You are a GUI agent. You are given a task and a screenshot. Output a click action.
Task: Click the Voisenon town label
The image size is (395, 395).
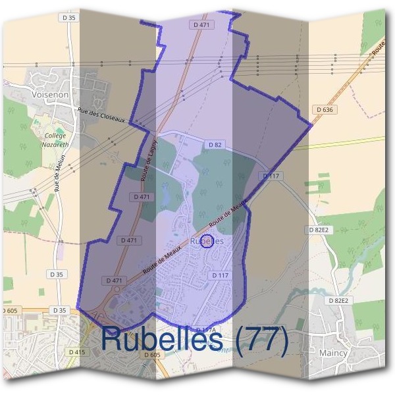[x=49, y=95]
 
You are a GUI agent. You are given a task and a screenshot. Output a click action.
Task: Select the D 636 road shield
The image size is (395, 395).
[x=324, y=110]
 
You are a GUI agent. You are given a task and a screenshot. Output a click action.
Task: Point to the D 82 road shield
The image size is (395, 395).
[x=215, y=144]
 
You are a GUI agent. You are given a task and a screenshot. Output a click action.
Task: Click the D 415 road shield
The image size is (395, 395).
[x=76, y=352]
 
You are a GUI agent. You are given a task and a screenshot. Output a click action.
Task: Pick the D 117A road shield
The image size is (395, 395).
[x=206, y=329]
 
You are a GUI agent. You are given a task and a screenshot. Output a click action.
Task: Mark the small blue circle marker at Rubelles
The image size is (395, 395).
[x=206, y=242]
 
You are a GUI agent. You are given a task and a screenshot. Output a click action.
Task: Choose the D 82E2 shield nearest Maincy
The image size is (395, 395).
[x=340, y=301]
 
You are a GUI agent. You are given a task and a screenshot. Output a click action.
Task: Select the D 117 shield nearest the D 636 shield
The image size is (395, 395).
[x=271, y=176]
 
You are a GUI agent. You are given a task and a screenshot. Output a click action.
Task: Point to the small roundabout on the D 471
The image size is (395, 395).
[x=118, y=288]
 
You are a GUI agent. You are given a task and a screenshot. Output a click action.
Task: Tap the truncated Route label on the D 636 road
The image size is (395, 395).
[x=377, y=47]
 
